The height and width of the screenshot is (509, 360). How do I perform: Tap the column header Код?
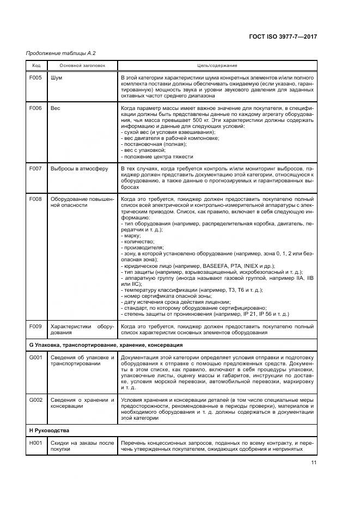36,65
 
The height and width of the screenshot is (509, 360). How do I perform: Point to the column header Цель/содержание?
217,65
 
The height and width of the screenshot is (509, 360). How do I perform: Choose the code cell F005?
36,78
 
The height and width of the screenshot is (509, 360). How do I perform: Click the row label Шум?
56,78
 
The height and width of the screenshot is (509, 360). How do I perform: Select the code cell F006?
36,108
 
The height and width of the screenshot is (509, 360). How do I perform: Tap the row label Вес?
56,108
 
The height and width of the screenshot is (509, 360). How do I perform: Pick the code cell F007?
36,169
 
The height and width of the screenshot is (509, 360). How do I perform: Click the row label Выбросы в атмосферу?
79,169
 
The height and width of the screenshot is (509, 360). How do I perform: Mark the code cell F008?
36,199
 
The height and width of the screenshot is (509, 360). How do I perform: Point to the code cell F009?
36,326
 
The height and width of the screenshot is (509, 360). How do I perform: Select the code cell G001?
36,358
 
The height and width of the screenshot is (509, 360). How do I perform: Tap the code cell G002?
36,400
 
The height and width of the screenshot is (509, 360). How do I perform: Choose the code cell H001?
36,443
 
